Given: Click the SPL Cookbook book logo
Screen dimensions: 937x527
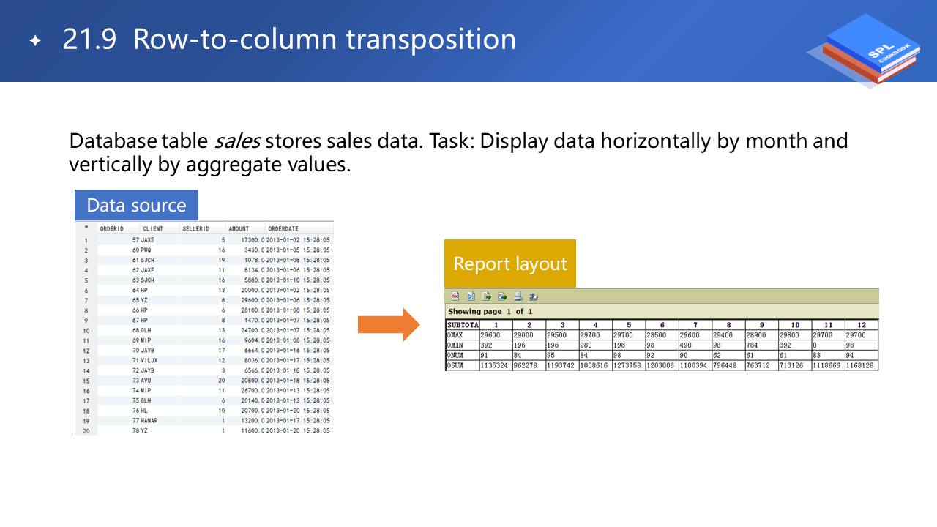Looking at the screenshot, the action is pyautogui.click(x=868, y=51).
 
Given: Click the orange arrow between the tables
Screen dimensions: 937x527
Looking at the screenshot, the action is pyautogui.click(x=389, y=324).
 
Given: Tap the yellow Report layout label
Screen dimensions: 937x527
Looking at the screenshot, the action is pyautogui.click(x=510, y=263).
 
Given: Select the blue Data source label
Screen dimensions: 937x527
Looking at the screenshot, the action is pyautogui.click(x=136, y=205).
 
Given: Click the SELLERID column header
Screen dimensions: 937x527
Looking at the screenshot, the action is pyautogui.click(x=195, y=229).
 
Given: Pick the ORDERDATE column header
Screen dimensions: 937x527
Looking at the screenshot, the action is pyautogui.click(x=283, y=229).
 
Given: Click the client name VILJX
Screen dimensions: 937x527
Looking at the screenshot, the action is pyautogui.click(x=149, y=361).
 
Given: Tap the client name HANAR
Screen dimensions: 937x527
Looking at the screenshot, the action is pyautogui.click(x=149, y=421).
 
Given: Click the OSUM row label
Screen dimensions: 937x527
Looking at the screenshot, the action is pyautogui.click(x=455, y=365).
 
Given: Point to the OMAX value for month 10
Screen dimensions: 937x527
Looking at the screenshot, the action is pyautogui.click(x=789, y=335).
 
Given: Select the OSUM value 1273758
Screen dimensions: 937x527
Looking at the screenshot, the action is pyautogui.click(x=627, y=365).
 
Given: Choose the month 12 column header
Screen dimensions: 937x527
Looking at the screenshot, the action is pyautogui.click(x=862, y=325).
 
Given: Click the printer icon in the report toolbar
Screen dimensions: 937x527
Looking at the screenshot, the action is pyautogui.click(x=518, y=296).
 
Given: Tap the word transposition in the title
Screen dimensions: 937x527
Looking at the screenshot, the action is pyautogui.click(x=431, y=40).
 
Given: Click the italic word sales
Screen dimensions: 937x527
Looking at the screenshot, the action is pyautogui.click(x=238, y=141).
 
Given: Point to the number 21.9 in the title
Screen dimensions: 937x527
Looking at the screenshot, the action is pyautogui.click(x=89, y=40).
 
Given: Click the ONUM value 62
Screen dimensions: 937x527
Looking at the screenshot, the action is pyautogui.click(x=717, y=355).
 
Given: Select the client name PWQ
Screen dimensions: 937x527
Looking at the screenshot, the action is pyautogui.click(x=146, y=250).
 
